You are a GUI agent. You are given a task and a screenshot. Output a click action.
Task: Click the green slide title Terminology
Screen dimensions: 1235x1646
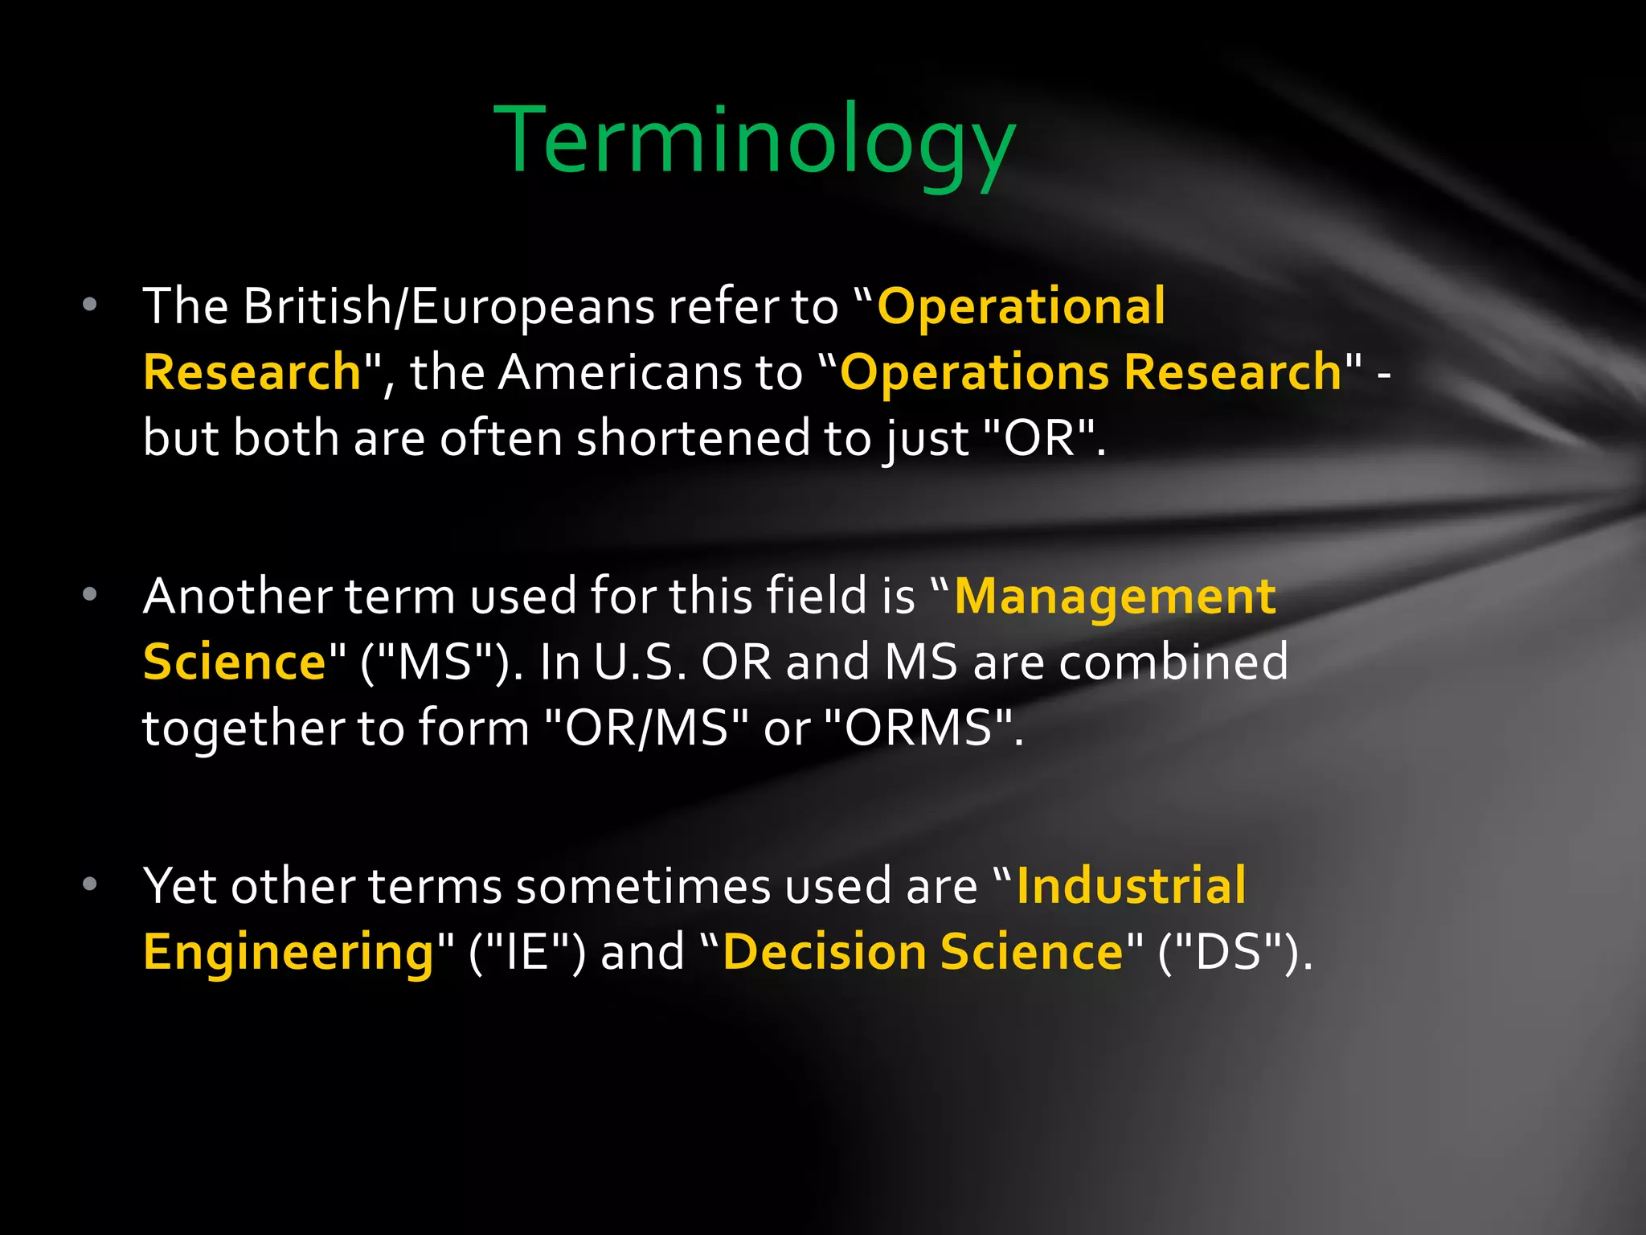pos(755,142)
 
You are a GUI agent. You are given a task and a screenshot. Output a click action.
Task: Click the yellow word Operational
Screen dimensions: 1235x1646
pos(1021,306)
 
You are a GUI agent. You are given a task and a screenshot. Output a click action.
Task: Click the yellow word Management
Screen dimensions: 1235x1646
pos(1115,597)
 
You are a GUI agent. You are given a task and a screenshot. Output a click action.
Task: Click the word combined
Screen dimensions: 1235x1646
pos(1173,663)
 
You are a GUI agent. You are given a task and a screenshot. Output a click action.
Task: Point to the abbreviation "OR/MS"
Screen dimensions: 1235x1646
pos(646,728)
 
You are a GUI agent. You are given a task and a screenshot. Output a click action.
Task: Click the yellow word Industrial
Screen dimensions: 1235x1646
pos(1131,886)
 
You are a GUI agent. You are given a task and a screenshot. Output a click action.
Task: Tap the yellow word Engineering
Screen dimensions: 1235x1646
pos(289,953)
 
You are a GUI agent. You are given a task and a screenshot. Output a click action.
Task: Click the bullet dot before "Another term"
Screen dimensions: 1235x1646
pos(90,595)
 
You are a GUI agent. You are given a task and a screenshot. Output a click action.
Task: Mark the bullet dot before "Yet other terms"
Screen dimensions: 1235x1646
pos(90,884)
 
